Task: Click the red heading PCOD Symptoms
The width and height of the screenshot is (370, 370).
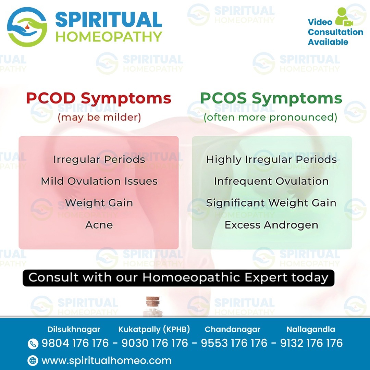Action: tap(99, 99)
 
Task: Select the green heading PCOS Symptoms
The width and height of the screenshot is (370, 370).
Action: tap(271, 99)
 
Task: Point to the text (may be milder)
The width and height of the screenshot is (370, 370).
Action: tap(99, 118)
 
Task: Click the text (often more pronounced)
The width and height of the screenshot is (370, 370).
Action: tap(271, 118)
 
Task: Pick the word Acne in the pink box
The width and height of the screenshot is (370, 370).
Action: tap(99, 225)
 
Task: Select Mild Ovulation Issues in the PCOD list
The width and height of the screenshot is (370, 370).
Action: tap(99, 181)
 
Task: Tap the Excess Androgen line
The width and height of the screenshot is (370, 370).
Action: tap(271, 225)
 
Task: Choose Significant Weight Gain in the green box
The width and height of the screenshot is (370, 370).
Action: tap(271, 203)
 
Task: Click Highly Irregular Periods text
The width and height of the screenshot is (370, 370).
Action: tap(271, 160)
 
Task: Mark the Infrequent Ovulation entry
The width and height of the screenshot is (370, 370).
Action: tap(271, 181)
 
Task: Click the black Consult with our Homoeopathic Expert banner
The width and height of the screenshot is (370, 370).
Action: tap(178, 277)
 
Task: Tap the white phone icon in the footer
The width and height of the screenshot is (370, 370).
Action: tap(33, 344)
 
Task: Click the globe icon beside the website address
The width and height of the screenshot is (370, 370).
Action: tap(33, 360)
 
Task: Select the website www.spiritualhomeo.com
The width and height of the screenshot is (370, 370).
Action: tap(107, 360)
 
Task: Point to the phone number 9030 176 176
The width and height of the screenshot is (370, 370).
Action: tap(155, 343)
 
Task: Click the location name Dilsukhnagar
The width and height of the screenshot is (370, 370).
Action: tap(74, 330)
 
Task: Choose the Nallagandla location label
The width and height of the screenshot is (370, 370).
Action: tap(311, 330)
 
